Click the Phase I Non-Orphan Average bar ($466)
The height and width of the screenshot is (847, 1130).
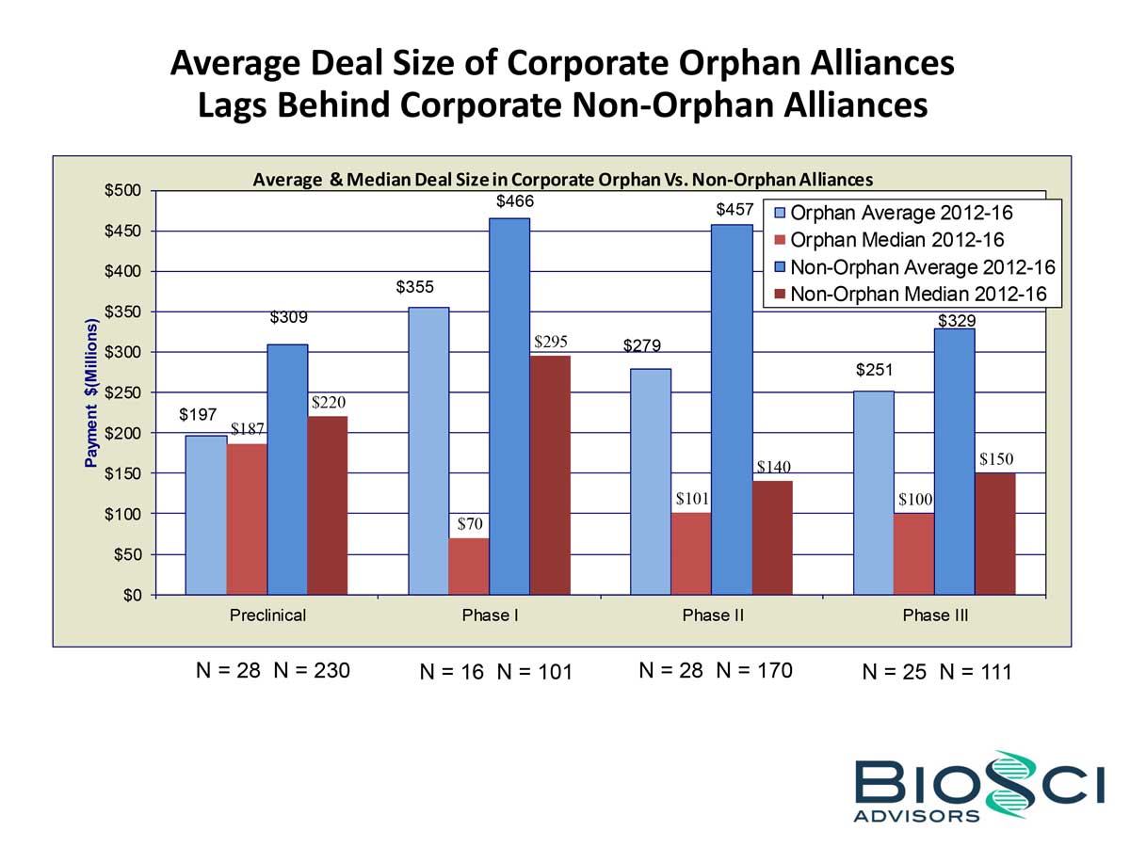tap(509, 405)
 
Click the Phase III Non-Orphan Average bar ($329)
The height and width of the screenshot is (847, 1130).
tap(954, 461)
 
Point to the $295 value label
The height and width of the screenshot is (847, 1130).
tap(550, 342)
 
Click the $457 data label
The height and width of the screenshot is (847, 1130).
tap(734, 210)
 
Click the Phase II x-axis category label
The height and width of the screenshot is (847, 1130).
tap(712, 616)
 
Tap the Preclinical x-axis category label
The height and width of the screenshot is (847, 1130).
tap(267, 616)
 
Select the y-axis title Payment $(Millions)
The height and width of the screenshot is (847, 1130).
tap(91, 392)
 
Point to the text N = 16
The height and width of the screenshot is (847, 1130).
tap(453, 673)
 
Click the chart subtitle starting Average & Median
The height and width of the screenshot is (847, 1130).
tap(563, 179)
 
